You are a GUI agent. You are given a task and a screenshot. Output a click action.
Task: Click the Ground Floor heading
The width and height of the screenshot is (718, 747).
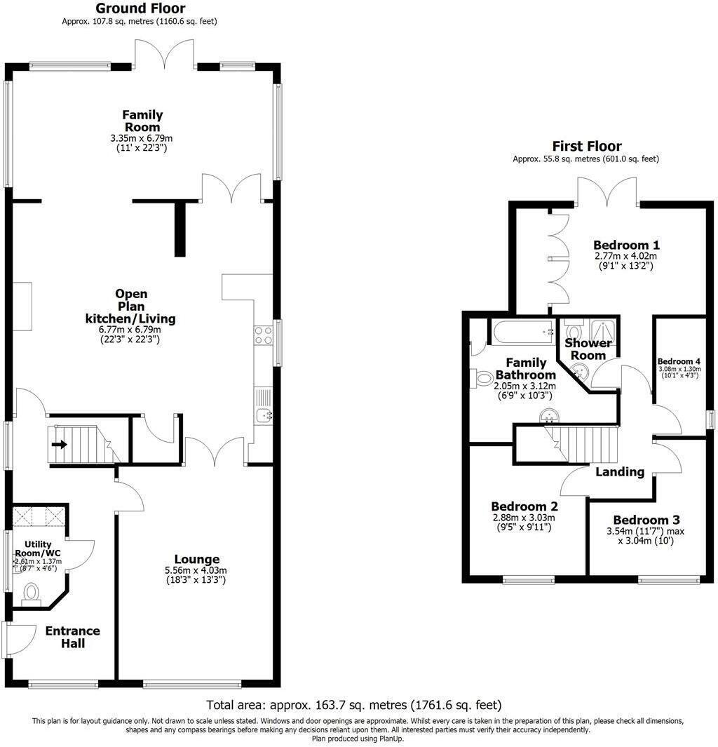tap(140, 8)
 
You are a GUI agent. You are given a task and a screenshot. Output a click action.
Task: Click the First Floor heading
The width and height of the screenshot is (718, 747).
tap(586, 146)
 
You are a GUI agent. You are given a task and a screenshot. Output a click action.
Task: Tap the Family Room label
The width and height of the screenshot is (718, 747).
tap(142, 121)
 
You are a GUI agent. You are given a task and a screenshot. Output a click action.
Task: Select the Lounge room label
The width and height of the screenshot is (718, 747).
tap(197, 559)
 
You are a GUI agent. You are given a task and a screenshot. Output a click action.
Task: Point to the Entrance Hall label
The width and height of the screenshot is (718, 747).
tap(73, 636)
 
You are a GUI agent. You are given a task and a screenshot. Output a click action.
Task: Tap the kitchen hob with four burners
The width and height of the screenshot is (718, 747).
tap(264, 335)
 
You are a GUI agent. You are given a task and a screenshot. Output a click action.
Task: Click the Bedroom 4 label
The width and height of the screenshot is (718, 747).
tap(678, 362)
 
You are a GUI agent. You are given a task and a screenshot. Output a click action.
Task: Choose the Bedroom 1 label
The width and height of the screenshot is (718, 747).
tap(626, 245)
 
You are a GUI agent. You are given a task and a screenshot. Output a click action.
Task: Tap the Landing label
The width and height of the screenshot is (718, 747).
tap(620, 471)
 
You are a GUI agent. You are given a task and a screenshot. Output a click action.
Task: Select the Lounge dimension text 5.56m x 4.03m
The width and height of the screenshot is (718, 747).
tap(197, 571)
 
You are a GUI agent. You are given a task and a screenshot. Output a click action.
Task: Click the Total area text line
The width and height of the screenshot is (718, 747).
tap(354, 704)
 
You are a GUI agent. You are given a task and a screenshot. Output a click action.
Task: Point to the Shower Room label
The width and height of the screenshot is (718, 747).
tap(588, 349)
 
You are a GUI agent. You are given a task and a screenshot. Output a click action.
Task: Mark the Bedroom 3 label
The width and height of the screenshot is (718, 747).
tap(646, 520)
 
